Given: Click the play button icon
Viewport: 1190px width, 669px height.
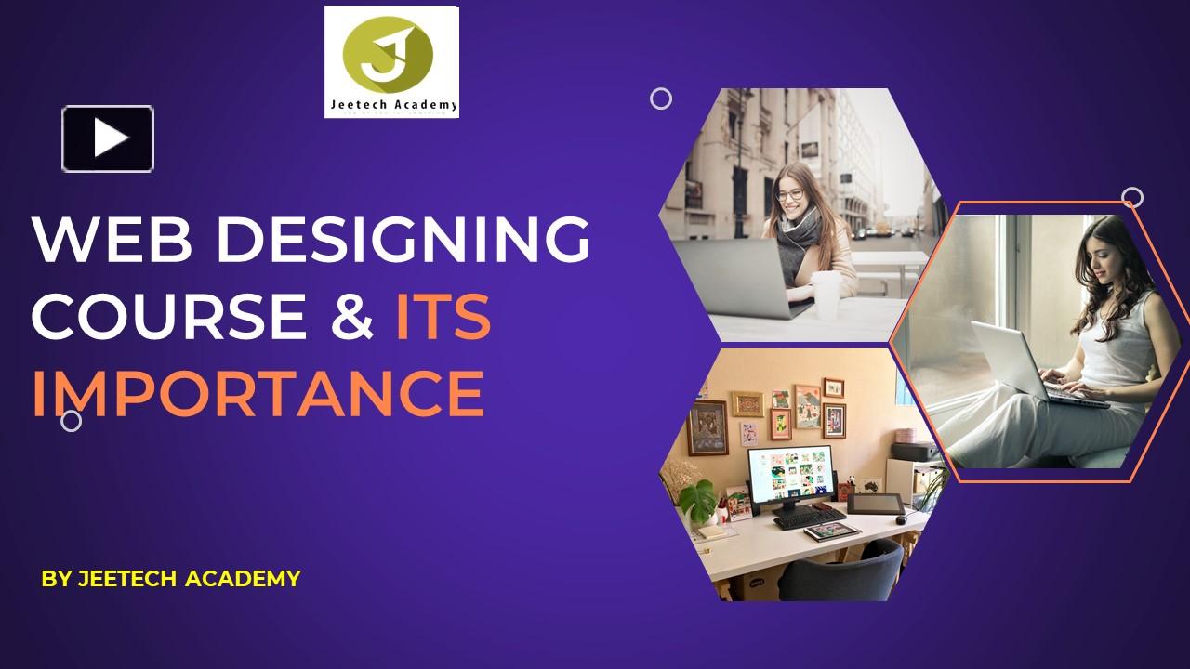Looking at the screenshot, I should (108, 138).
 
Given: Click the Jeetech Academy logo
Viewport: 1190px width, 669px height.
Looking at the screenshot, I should (391, 61).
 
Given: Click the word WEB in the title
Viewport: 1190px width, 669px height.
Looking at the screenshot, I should (112, 239).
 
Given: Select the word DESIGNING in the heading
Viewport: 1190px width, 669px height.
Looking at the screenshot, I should (403, 239).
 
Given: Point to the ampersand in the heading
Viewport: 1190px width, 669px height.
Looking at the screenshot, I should (351, 316).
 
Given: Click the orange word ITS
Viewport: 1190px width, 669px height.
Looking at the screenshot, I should (443, 316).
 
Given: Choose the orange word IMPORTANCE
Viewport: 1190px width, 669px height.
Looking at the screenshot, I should (258, 394).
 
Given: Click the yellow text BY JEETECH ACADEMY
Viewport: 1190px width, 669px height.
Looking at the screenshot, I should (171, 579).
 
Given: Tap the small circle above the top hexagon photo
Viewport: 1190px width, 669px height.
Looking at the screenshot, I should (661, 98).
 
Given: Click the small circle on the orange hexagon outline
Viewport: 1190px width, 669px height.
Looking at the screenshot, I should (1131, 197).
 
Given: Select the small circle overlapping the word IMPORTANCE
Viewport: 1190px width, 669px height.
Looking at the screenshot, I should (71, 421).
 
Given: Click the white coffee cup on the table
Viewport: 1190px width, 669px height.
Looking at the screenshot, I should (826, 292).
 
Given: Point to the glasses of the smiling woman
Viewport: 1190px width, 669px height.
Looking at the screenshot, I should (790, 195).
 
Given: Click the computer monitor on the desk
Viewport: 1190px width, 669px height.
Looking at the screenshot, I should (790, 474).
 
